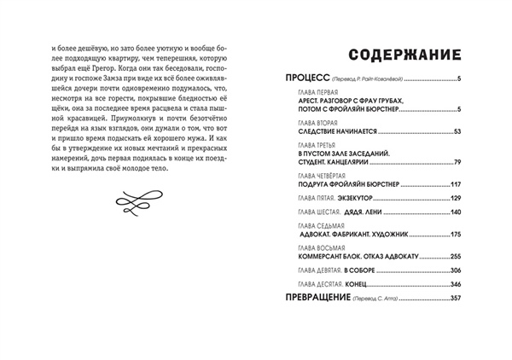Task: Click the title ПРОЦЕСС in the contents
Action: point(307,78)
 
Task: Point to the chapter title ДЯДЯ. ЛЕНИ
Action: point(358,212)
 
